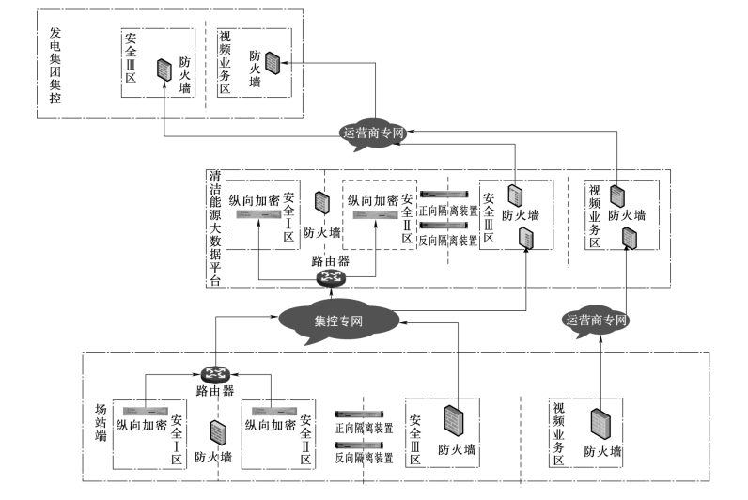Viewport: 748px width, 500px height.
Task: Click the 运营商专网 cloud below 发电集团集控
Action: click(x=372, y=134)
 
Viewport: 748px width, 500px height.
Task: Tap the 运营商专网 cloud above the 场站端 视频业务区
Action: click(x=596, y=320)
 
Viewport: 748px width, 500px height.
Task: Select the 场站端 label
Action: click(x=101, y=423)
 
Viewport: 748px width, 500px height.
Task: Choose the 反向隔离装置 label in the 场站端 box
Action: click(x=364, y=458)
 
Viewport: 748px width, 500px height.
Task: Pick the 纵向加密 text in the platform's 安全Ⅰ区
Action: click(x=254, y=200)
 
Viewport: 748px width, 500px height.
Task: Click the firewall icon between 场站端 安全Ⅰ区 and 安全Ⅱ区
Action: click(x=217, y=433)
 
